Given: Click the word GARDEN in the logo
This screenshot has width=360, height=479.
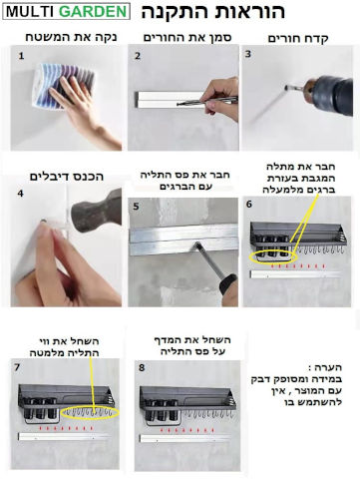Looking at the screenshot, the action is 94,12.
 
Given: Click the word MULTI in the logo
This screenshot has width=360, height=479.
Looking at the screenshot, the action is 31,12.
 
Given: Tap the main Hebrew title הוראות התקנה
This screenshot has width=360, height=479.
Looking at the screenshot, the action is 213,11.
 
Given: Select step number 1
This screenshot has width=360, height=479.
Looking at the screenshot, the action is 21,56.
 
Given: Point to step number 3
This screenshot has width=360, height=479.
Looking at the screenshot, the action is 248,54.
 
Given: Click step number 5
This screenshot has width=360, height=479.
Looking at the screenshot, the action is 136,207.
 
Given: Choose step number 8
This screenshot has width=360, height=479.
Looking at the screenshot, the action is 142,367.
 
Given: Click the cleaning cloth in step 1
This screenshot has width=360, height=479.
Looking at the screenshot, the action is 63,86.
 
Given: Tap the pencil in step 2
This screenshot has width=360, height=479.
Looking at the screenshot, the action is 206,101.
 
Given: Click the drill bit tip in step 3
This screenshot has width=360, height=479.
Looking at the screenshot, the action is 286,88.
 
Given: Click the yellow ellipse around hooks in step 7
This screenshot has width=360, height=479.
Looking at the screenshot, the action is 90,413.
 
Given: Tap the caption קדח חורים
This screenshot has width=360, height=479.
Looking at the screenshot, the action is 298,39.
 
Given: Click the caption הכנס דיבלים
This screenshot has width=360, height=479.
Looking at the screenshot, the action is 67,177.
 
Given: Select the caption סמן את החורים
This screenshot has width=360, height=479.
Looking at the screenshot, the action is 187,37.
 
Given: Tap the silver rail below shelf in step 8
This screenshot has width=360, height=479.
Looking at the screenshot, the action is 184,438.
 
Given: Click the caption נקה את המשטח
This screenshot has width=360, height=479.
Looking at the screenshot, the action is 71,37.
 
